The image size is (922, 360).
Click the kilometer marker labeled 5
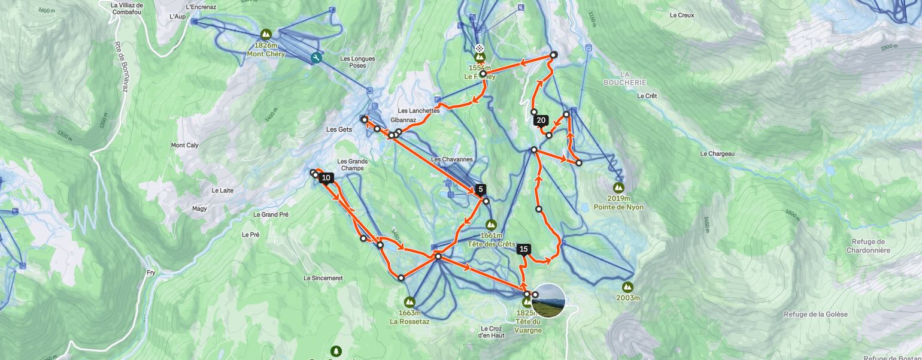480,189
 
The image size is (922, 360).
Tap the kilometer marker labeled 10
326,178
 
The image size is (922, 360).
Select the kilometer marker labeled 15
524,249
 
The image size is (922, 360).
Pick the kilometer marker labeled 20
541,120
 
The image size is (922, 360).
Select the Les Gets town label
339,129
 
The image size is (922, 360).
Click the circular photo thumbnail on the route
548,301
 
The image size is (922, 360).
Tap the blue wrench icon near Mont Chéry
316,58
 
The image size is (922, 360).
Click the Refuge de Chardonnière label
868,246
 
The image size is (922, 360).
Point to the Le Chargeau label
717,154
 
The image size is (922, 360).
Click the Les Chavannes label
451,159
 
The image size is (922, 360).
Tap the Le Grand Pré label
271,214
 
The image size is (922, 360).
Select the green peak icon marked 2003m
627,287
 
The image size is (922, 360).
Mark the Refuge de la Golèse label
815,314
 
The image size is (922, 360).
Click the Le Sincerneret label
323,278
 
